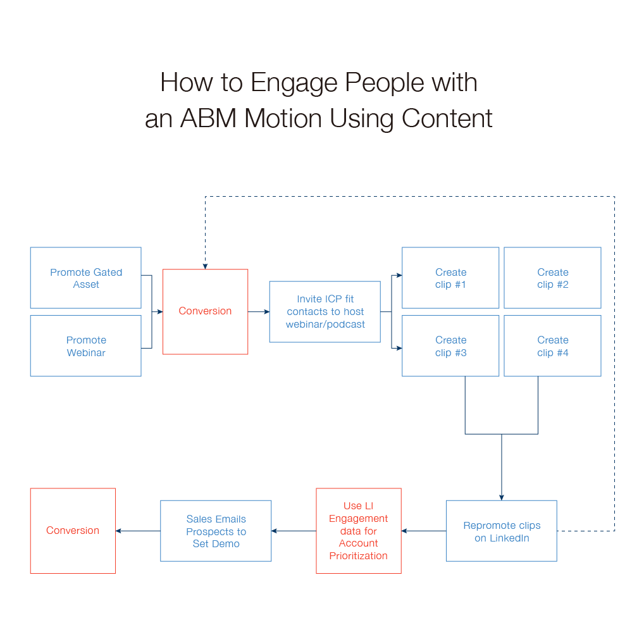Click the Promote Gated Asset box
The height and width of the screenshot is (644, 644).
[x=85, y=278]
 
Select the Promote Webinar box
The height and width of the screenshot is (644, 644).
[x=85, y=346]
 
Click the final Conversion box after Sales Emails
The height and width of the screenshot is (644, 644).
[x=73, y=531]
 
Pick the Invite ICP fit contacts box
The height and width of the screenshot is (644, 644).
[x=325, y=312]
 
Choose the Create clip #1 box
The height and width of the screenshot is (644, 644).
[x=450, y=278]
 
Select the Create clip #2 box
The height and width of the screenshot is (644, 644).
[x=552, y=278]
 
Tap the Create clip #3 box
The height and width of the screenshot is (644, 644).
[x=450, y=346]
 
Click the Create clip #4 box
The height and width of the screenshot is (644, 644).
[x=552, y=346]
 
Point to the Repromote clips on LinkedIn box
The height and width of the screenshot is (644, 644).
[x=501, y=531]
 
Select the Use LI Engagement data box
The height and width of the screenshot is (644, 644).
[x=358, y=531]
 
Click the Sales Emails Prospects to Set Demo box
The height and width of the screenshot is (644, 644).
[x=216, y=531]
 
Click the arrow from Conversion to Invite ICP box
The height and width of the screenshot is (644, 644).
[x=259, y=312]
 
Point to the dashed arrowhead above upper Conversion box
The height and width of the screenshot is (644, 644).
[x=205, y=264]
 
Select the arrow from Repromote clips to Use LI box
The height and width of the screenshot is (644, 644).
[x=423, y=531]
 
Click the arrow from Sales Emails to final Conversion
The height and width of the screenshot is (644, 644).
[x=138, y=531]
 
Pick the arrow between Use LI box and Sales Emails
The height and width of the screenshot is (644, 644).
[x=294, y=531]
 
